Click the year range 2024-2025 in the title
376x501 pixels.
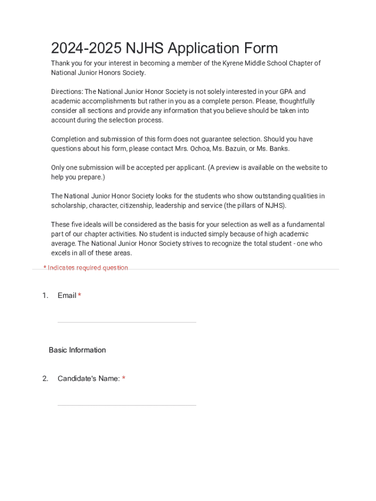(x=86, y=48)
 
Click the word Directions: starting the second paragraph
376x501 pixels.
(x=67, y=92)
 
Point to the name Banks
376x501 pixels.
(x=278, y=149)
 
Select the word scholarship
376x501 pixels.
(x=68, y=205)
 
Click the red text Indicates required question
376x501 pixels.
(x=88, y=268)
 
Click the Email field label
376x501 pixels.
(x=67, y=296)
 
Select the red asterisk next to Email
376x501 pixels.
(x=79, y=296)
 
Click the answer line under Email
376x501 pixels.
(x=126, y=321)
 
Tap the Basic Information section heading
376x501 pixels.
(x=77, y=350)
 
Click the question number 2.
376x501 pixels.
(x=45, y=378)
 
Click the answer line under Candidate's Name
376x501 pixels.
(x=126, y=404)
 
